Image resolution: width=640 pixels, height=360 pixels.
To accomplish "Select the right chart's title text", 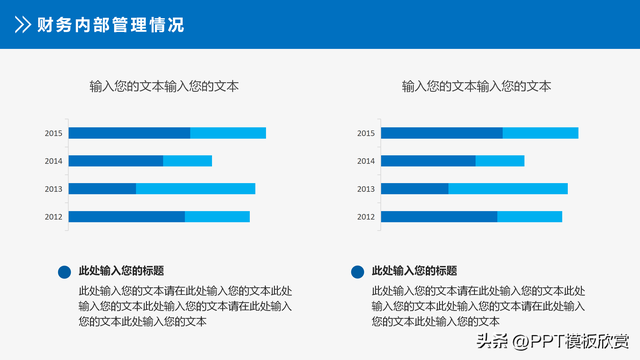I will tap(476, 87).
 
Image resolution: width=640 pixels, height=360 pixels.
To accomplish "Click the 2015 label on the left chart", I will tap(53, 133).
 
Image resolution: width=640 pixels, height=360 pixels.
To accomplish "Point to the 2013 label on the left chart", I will tap(53, 189).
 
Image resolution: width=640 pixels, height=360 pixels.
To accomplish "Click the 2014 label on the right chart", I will tap(366, 161).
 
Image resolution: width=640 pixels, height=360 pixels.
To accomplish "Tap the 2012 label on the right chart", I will tap(366, 217).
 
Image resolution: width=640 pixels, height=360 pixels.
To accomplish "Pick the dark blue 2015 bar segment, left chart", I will tap(129, 133).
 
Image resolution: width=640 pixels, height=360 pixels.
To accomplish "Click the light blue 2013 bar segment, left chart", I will tap(195, 189).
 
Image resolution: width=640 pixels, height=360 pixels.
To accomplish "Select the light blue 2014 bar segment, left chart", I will tap(187, 161).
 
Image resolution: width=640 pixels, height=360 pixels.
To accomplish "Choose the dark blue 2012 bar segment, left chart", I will tap(127, 217).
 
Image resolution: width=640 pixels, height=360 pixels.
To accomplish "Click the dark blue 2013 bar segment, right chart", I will tap(415, 189).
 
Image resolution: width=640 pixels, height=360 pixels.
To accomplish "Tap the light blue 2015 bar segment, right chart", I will tap(540, 133).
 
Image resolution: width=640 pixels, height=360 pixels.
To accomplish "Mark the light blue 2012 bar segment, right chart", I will tap(529, 217).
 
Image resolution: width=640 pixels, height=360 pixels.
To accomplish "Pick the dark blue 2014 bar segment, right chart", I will tap(428, 161).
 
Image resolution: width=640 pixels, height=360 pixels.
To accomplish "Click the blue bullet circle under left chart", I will tap(64, 271).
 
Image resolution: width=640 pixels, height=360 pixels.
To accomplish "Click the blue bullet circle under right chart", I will tap(357, 271).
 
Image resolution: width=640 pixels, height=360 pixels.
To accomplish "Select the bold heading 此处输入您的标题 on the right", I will tap(414, 271).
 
